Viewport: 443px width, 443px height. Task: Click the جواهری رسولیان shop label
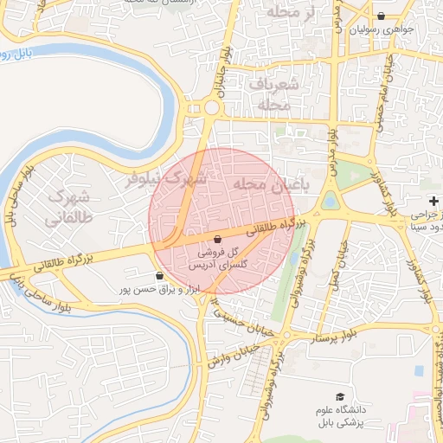[382, 29]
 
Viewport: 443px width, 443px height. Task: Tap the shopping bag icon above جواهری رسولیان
[382, 16]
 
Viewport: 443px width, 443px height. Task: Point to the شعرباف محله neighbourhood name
[278, 94]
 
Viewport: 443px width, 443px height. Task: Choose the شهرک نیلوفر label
[166, 179]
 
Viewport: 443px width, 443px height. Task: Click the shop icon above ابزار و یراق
[158, 276]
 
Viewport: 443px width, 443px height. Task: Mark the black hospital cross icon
[434, 200]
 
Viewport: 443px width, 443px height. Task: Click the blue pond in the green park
[331, 202]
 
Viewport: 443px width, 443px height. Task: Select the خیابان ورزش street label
[227, 357]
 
